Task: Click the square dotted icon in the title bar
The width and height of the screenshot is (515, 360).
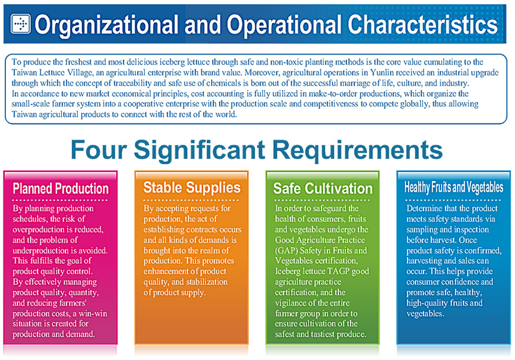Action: pyautogui.click(x=20, y=24)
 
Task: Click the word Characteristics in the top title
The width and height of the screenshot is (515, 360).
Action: pyautogui.click(x=423, y=25)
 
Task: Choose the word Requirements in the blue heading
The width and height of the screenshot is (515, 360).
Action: pyautogui.click(x=358, y=150)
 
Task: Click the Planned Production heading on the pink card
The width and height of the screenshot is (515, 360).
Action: pyautogui.click(x=60, y=189)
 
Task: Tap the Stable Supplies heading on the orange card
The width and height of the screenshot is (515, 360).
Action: pyautogui.click(x=192, y=188)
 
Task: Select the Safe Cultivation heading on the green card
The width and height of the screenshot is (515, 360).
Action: pyautogui.click(x=323, y=188)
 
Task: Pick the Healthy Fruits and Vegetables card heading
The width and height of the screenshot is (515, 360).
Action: pyautogui.click(x=454, y=187)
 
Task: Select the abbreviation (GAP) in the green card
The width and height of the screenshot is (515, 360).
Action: pyautogui.click(x=286, y=251)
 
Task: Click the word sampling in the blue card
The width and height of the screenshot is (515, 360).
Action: pyautogui.click(x=420, y=230)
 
